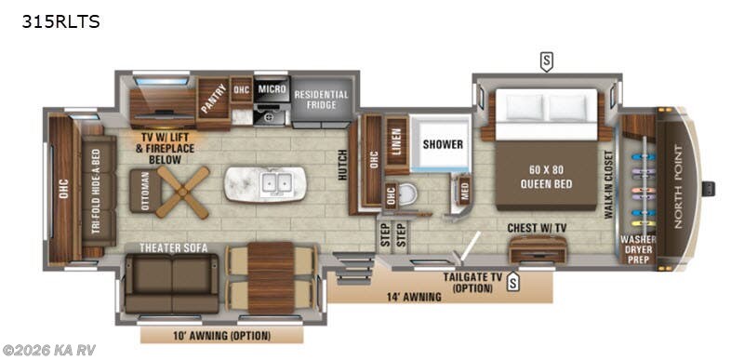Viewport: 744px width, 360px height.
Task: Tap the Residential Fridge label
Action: (321, 100)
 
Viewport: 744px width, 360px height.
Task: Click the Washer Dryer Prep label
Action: (637, 249)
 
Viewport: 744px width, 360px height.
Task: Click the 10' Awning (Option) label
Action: (220, 335)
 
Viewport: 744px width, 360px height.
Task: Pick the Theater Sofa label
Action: (173, 247)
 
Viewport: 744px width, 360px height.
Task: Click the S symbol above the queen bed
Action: (546, 62)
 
